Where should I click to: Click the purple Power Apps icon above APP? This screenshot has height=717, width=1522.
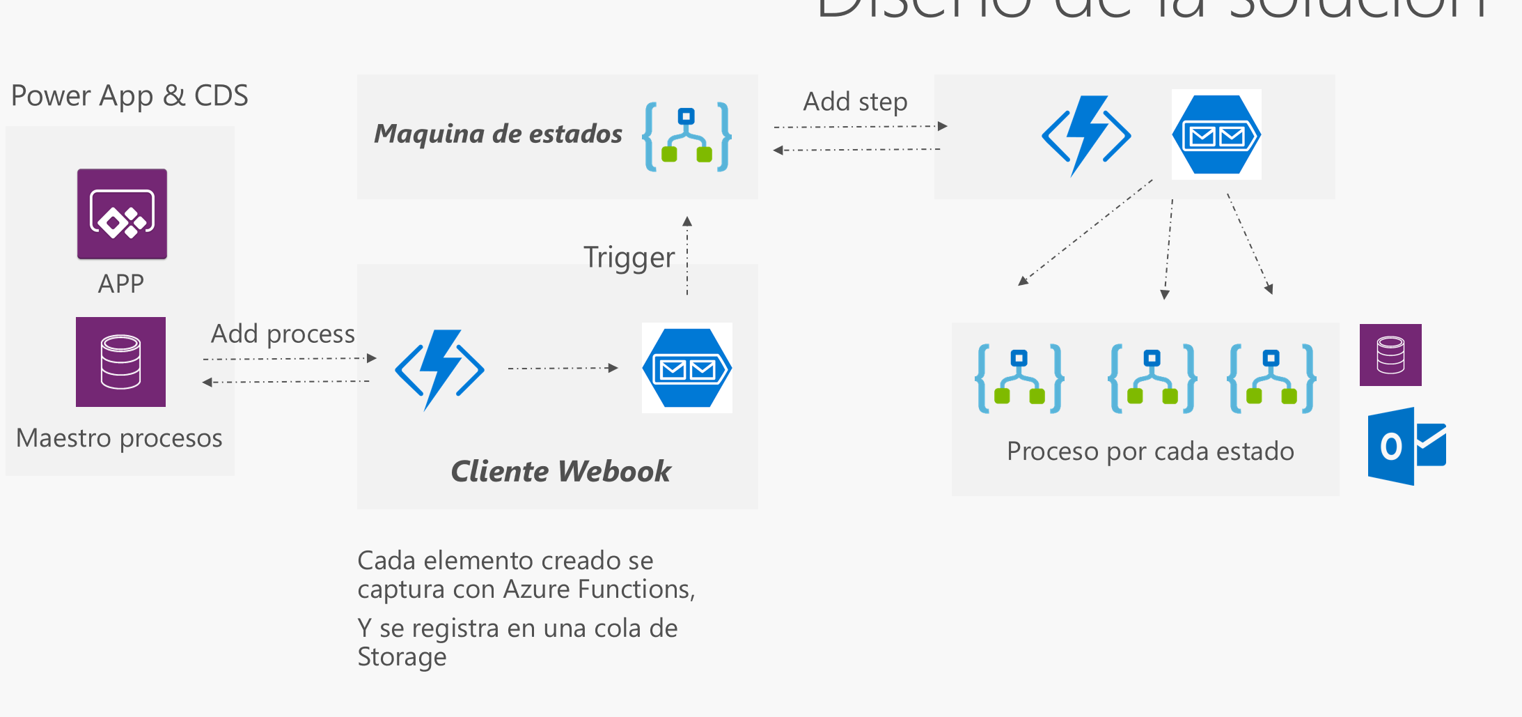point(122,214)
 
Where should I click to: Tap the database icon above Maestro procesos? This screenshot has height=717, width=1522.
point(120,362)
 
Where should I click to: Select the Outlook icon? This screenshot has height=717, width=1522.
point(1406,446)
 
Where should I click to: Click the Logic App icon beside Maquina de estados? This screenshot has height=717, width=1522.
point(687,137)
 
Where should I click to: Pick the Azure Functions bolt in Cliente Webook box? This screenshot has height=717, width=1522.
point(439,369)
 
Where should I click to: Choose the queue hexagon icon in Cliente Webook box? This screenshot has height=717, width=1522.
point(687,368)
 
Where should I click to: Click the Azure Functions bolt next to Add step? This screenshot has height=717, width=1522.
point(1086,136)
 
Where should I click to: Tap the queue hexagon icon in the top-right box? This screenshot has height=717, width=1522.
point(1216,134)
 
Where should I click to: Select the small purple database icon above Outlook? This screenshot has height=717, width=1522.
point(1390,355)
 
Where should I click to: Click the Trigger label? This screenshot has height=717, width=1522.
point(629,257)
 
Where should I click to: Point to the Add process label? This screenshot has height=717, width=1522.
point(283,334)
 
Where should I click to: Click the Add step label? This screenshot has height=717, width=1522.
point(855,102)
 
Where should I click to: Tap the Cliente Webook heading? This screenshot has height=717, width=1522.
point(560,471)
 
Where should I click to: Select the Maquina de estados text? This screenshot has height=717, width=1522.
point(498,133)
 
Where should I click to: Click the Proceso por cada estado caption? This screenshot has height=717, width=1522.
point(1150,452)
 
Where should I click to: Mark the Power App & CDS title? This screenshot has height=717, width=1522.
point(130,95)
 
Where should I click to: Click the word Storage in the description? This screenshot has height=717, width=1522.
point(402,657)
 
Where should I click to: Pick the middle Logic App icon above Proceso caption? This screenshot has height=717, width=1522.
point(1152,378)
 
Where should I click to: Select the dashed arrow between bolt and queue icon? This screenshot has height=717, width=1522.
point(563,368)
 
